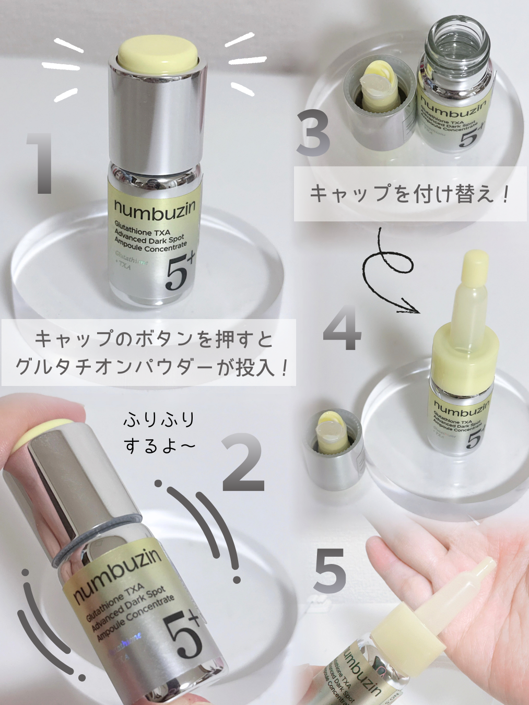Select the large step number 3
(x=313, y=134)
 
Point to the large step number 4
(x=342, y=328)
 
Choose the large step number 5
(x=330, y=570)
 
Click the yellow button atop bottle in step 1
(x=158, y=53)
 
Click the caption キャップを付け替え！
(x=410, y=194)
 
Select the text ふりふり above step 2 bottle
(x=159, y=419)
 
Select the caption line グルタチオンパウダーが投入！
(x=151, y=367)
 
